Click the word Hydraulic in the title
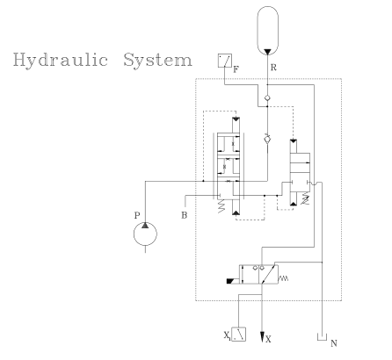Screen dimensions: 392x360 pyautogui.click(x=61, y=61)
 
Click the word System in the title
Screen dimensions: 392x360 pyautogui.click(x=157, y=60)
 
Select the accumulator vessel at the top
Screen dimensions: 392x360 pyautogui.click(x=267, y=31)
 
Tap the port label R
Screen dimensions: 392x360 pyautogui.click(x=273, y=68)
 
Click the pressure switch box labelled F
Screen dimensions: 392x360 pyautogui.click(x=225, y=61)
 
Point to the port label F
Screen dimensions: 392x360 pyautogui.click(x=236, y=69)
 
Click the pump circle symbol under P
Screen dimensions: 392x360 pyautogui.click(x=145, y=234)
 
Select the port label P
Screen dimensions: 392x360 pyautogui.click(x=137, y=216)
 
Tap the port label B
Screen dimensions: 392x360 pyautogui.click(x=184, y=215)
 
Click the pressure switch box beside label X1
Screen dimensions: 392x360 pyautogui.click(x=238, y=335)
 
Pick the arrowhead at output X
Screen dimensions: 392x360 pyautogui.click(x=262, y=337)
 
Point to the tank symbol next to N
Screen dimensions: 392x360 pyautogui.click(x=322, y=337)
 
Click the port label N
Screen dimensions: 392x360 pyautogui.click(x=334, y=343)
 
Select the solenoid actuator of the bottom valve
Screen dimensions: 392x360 pyautogui.click(x=233, y=281)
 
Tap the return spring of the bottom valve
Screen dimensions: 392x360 pyautogui.click(x=283, y=278)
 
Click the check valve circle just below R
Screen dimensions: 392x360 pyautogui.click(x=267, y=98)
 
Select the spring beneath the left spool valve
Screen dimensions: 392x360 pyautogui.click(x=221, y=205)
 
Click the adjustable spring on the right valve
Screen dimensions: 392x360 pyautogui.click(x=306, y=198)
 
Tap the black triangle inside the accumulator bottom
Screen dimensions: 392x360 pyautogui.click(x=267, y=52)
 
